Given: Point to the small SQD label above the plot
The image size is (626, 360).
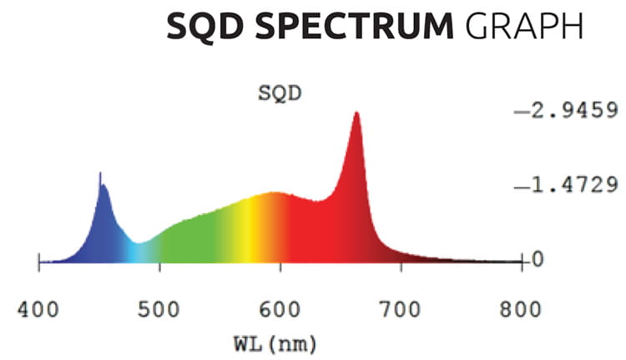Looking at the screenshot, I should (278, 93).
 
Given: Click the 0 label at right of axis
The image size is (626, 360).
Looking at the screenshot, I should (538, 260).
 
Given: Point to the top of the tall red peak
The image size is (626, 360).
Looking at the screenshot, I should (356, 114).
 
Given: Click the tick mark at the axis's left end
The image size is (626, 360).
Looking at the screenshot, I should (39, 264).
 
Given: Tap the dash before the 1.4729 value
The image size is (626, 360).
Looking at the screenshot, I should (518, 185).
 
